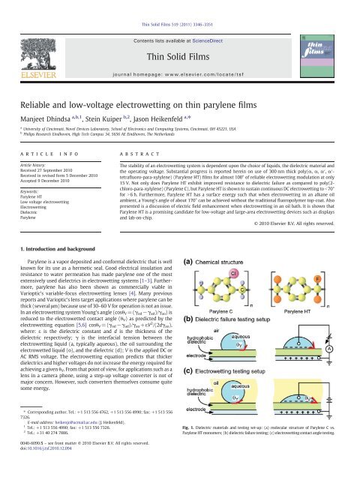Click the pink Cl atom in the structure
(234, 273)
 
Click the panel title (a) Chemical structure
(225, 261)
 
